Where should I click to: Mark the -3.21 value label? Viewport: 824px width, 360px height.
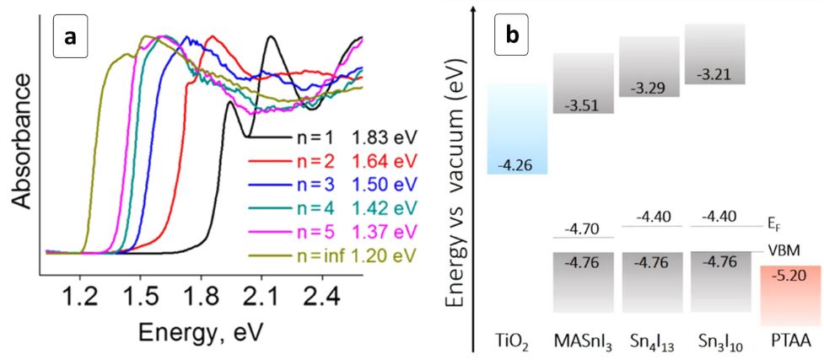[x=717, y=74]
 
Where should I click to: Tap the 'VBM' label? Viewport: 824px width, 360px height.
[x=779, y=250]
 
